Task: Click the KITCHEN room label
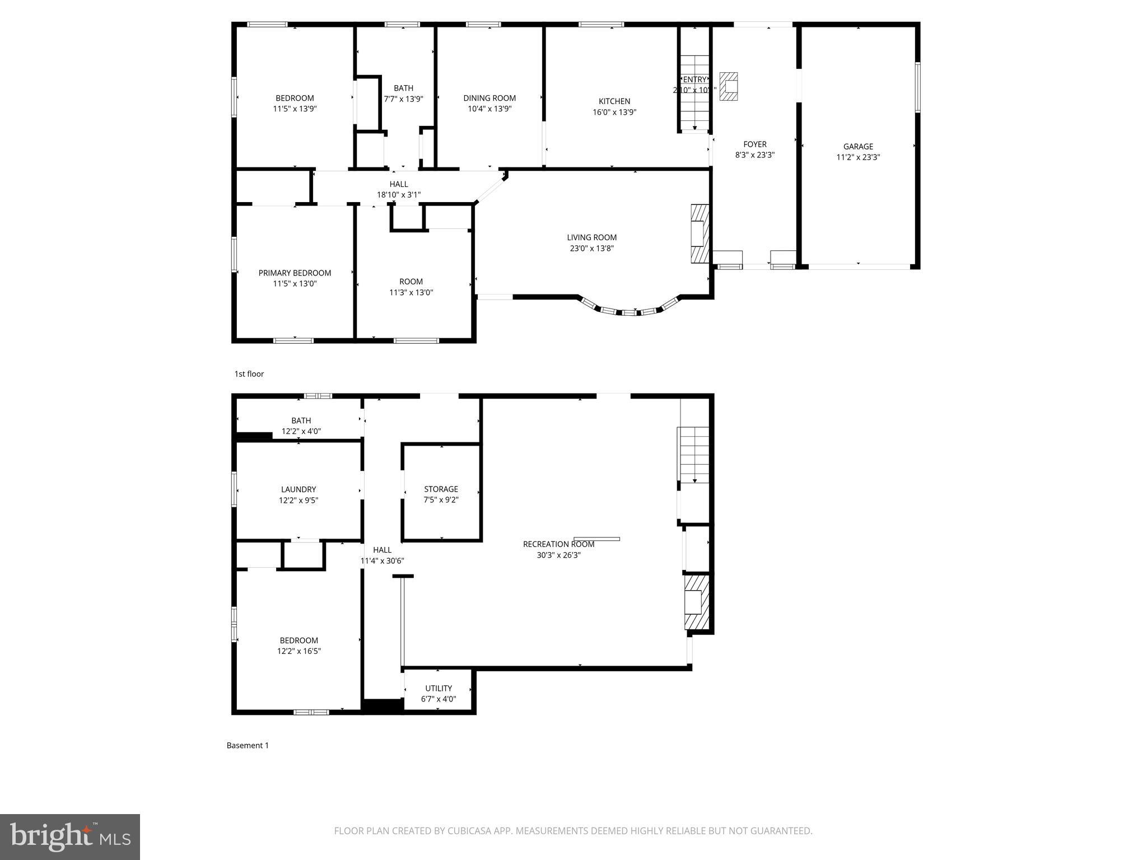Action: coord(614,101)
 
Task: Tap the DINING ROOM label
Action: coord(489,98)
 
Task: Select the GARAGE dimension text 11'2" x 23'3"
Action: coord(858,157)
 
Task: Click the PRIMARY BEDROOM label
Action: coord(295,273)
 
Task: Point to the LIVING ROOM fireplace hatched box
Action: coord(700,233)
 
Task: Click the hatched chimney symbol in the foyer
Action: coord(729,86)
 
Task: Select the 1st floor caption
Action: coord(249,374)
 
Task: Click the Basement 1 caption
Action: coord(248,745)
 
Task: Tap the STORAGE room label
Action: coord(441,489)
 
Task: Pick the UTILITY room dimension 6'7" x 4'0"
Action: coord(439,699)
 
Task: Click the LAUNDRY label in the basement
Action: coord(299,489)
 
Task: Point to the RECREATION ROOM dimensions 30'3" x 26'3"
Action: coord(558,555)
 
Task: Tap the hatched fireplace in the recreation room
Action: coord(696,602)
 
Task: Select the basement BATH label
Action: coord(301,420)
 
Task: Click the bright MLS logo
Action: coord(70,836)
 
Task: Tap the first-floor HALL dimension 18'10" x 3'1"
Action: coord(398,195)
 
